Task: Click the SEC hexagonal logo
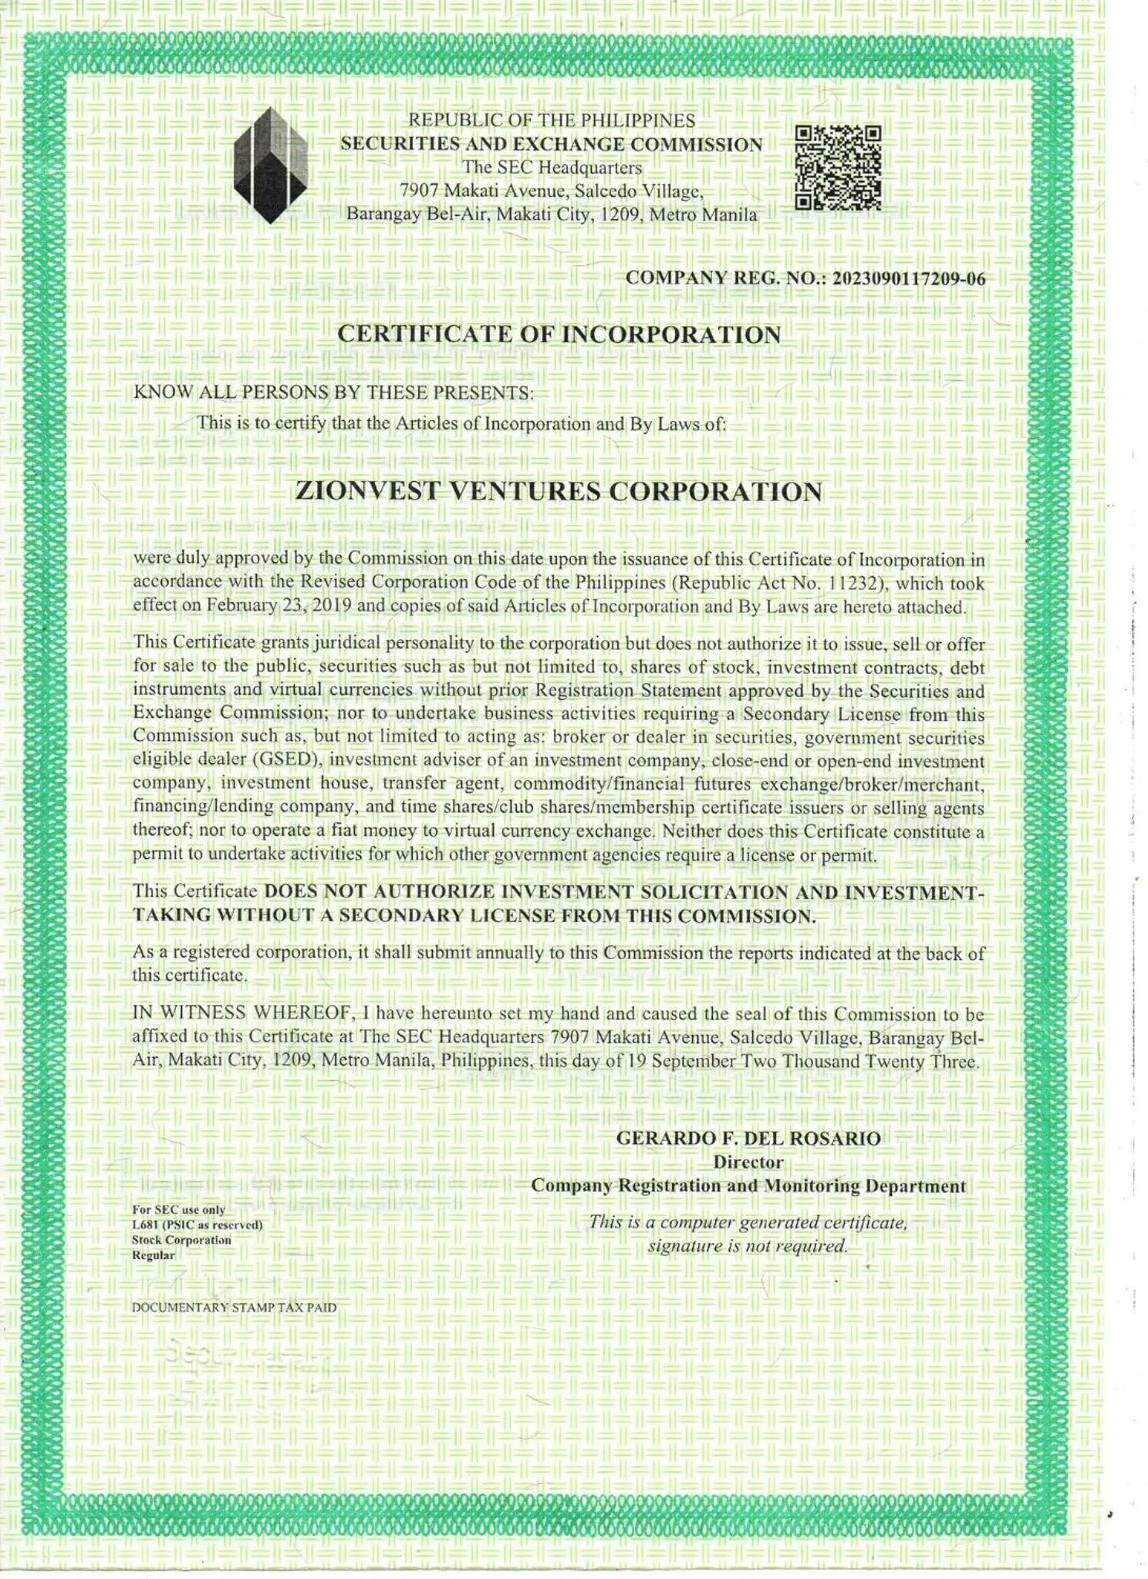(270, 165)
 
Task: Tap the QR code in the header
(838, 168)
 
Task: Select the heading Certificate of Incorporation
(559, 335)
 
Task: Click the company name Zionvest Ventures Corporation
(559, 492)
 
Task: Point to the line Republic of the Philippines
(552, 120)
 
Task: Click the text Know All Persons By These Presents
(333, 392)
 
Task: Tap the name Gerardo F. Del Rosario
(748, 1138)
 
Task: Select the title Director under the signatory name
(748, 1162)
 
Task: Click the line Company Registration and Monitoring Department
(748, 1186)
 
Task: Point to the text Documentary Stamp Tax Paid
(235, 1308)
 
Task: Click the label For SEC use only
(179, 1210)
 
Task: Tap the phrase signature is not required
(748, 1246)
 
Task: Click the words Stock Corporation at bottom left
(181, 1240)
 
